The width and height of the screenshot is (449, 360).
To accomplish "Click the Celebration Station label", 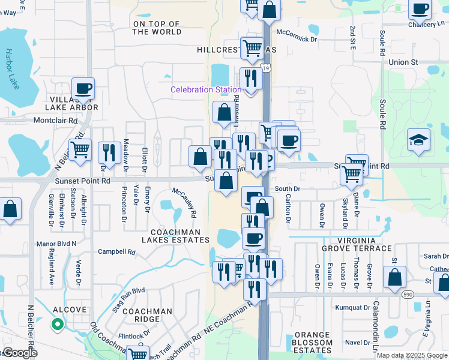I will tap(206, 89).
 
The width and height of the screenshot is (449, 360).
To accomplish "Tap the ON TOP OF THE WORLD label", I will tap(157, 28).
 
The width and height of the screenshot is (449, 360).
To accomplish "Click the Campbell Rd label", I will tap(116, 252).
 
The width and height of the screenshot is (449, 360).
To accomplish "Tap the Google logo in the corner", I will tap(19, 353).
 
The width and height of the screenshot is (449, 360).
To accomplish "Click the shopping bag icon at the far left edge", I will tap(10, 209).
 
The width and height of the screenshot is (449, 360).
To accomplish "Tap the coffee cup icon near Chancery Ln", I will tap(420, 9).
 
